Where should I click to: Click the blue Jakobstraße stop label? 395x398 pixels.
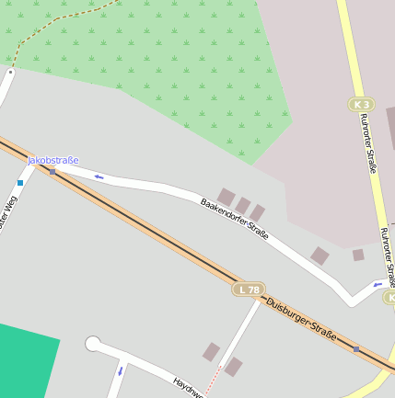coord(52,160)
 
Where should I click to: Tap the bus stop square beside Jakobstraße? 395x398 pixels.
coord(52,171)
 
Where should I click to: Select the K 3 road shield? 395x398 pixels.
coord(362,105)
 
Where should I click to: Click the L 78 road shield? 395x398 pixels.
coord(248,290)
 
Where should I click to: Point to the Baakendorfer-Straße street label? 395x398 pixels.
coord(235,219)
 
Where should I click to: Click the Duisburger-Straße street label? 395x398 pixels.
coord(301,318)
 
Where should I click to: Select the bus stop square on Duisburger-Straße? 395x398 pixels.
coord(356,348)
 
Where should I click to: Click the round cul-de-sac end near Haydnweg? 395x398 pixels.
coord(93,344)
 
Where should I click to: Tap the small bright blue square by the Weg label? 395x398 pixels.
coord(20,183)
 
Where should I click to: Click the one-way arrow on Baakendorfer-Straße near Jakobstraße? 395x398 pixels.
coord(99,176)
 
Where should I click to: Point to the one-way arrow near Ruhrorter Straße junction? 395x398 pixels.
coord(378,285)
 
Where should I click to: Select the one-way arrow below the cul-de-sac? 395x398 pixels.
coord(120,371)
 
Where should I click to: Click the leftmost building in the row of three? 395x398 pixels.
coord(226,197)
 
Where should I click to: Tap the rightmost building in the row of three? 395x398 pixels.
coord(258,212)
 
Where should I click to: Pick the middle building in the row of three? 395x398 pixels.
coord(243,205)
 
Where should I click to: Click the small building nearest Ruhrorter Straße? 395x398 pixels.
coord(358,255)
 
